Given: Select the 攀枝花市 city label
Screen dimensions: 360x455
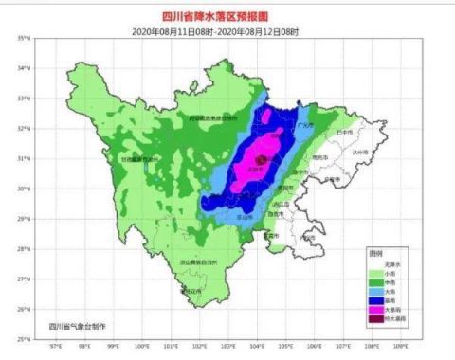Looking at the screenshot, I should coord(192,291).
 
